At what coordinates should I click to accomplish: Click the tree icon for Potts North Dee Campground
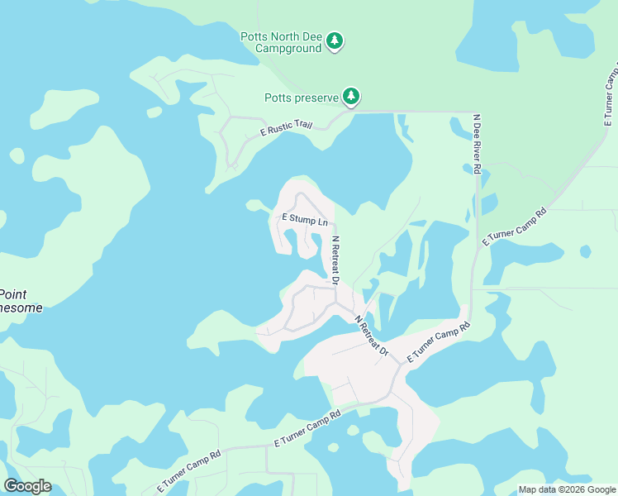pos(334,41)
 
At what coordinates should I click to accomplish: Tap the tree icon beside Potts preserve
pos(351,97)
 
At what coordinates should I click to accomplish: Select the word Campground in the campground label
pos(288,49)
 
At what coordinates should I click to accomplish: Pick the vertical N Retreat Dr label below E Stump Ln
pos(336,261)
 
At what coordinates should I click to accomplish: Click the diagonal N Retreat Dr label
pos(371,336)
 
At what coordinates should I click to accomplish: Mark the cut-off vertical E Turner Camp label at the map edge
pos(611,91)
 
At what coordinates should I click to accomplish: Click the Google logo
pos(27,485)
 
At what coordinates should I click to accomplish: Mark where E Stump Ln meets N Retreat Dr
pos(335,224)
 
